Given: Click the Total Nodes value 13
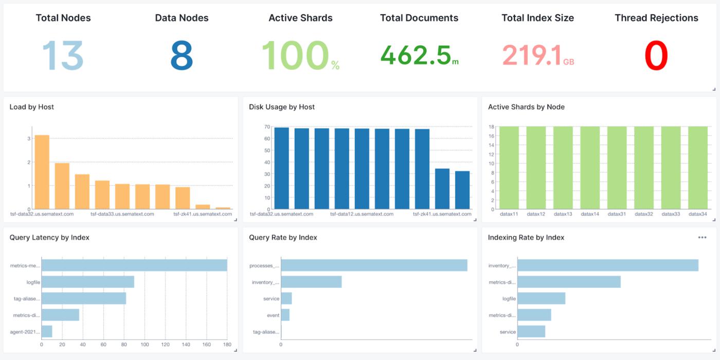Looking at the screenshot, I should (x=62, y=56).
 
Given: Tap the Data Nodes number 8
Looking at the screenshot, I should (x=182, y=56).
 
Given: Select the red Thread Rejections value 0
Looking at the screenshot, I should (x=656, y=56).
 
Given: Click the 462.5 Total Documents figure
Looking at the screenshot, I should (x=416, y=56).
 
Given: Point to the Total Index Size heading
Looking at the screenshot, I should (x=537, y=18).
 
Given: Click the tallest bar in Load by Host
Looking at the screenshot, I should (x=42, y=172).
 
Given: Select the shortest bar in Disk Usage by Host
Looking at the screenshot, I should (x=462, y=190).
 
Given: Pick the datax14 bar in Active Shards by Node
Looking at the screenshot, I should (x=590, y=167).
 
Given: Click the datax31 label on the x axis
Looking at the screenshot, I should (x=617, y=214).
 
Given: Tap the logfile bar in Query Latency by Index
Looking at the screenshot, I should (x=88, y=282).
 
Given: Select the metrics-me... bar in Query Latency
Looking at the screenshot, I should (x=134, y=265).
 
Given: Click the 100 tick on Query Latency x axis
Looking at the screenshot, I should (x=145, y=345).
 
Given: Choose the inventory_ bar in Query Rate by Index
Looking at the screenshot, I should (x=311, y=282).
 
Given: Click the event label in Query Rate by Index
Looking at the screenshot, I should (x=273, y=315).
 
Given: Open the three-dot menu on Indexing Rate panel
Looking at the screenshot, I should (x=702, y=238).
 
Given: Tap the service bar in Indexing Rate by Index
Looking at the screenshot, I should (x=531, y=332).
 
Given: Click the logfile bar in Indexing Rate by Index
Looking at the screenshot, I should (x=541, y=298).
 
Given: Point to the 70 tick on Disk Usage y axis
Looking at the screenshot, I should (x=267, y=127).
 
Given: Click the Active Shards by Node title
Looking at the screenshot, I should (x=526, y=107).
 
